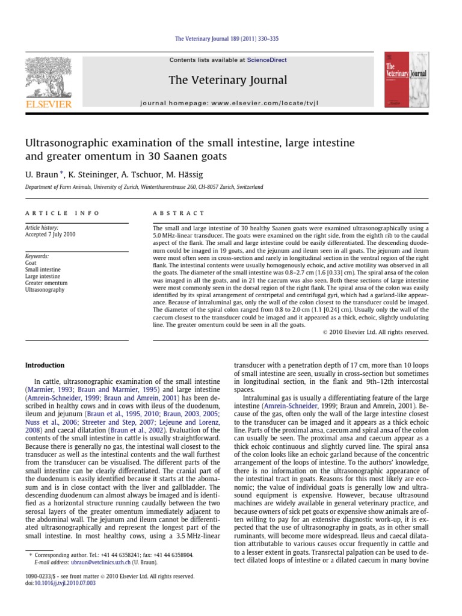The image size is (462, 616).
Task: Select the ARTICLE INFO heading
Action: click(x=62, y=213)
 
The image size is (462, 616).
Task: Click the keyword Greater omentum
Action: click(x=46, y=283)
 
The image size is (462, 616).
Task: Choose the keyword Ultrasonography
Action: click(x=45, y=289)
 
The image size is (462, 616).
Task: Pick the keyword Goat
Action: click(x=31, y=263)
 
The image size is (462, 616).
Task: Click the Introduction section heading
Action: click(x=44, y=365)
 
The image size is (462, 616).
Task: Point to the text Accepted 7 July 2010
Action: click(x=50, y=235)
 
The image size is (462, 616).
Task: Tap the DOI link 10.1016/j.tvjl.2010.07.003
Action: click(x=66, y=582)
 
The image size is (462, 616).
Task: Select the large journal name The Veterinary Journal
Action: click(x=227, y=80)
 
